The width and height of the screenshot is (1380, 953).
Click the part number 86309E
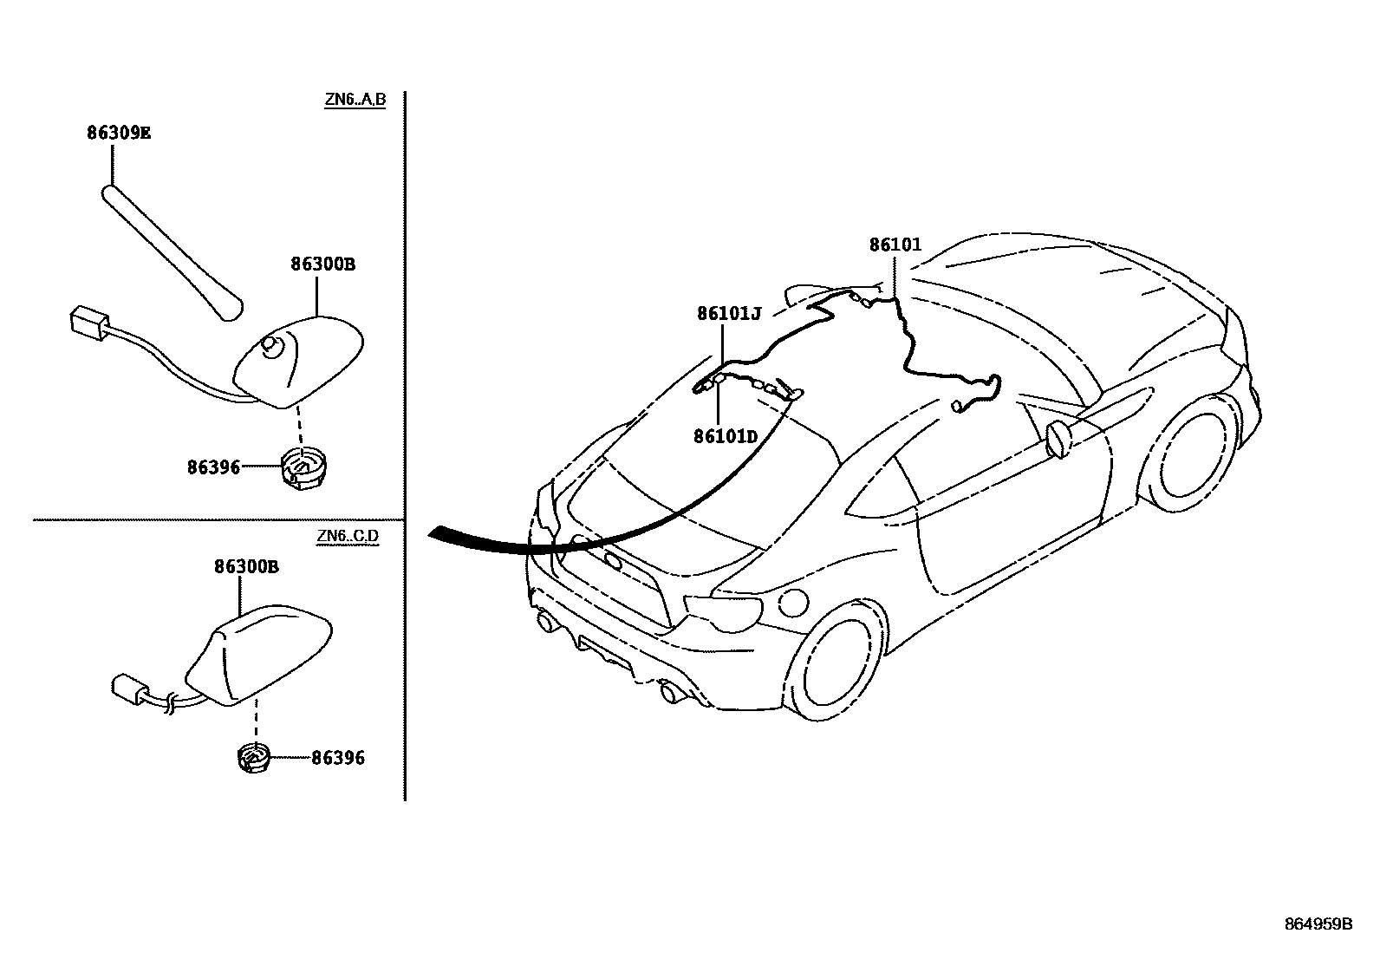click(119, 133)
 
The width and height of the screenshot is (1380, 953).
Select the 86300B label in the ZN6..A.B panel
click(322, 264)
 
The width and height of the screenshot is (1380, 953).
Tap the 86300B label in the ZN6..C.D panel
click(246, 567)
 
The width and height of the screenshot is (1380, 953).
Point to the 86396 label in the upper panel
click(213, 467)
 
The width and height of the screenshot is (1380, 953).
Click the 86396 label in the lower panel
click(338, 759)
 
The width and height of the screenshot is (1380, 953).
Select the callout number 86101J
click(729, 313)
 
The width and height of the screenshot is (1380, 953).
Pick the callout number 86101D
click(726, 435)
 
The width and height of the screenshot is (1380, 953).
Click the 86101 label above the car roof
click(895, 245)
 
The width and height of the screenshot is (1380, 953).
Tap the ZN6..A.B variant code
click(355, 100)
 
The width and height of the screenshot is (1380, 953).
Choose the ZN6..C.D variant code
click(348, 535)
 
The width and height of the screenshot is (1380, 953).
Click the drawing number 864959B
click(1318, 924)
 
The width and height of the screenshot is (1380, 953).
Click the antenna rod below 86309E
click(172, 250)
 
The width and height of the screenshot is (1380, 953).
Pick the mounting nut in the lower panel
click(254, 757)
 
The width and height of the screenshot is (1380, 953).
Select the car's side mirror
click(1059, 437)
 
